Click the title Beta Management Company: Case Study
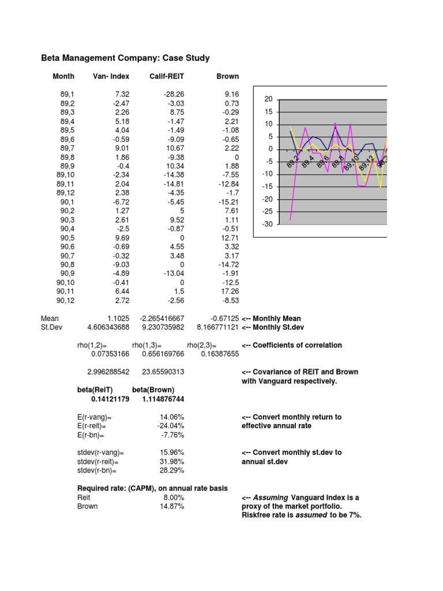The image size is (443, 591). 125,58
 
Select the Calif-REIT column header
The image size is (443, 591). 166,76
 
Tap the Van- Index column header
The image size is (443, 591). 111,76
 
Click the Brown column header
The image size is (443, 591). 227,76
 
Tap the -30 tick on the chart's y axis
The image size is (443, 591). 267,224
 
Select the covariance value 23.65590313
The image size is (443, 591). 162,372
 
